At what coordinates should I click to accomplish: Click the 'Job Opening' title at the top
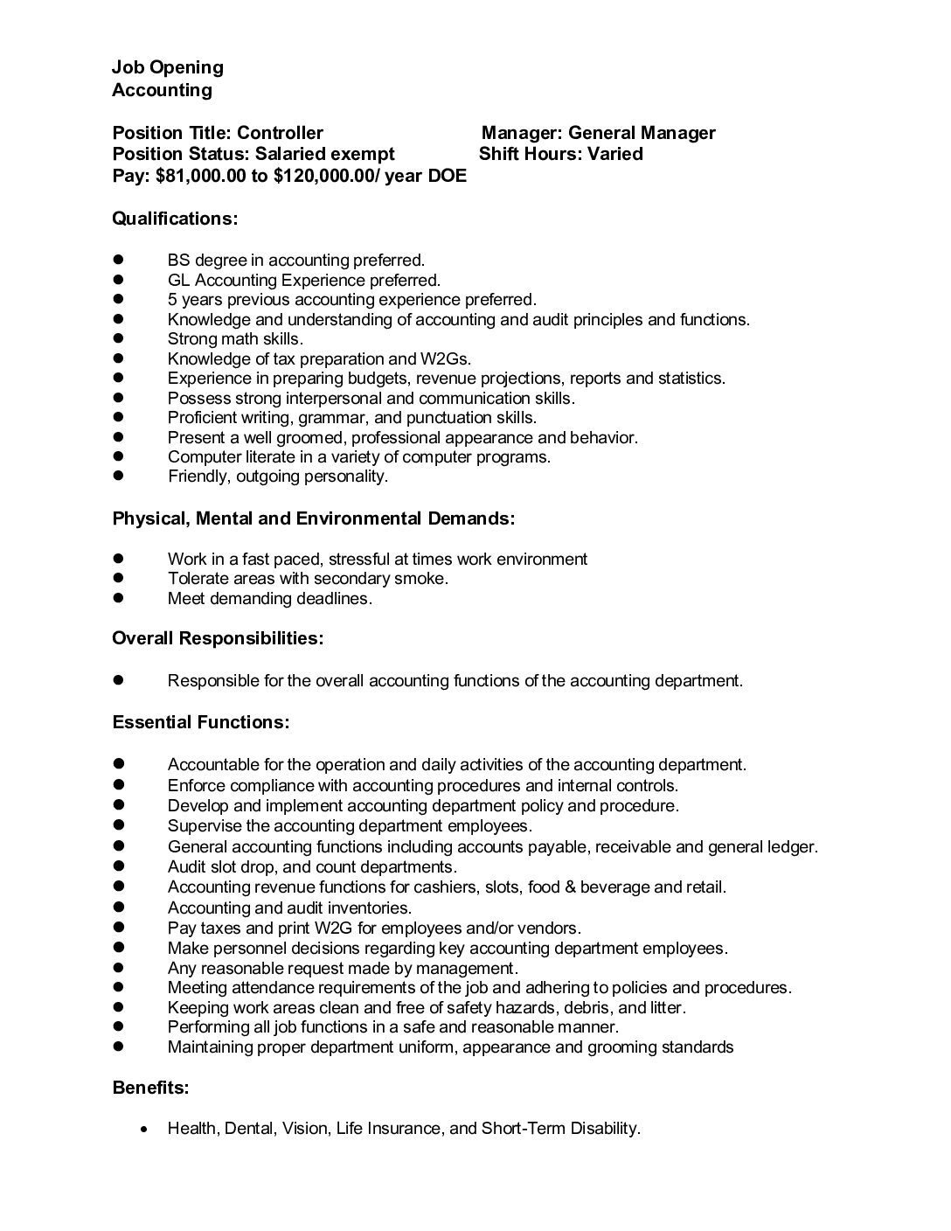[x=167, y=67]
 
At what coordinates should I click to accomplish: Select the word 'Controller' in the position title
[x=280, y=133]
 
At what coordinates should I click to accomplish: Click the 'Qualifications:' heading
[x=175, y=219]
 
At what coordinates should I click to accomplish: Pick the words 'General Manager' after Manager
[x=642, y=133]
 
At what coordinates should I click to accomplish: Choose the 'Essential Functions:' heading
[x=201, y=723]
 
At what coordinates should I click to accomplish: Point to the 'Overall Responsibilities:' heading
[x=218, y=639]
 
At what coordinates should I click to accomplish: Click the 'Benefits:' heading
[x=150, y=1088]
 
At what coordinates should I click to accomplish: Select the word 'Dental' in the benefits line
[x=249, y=1129]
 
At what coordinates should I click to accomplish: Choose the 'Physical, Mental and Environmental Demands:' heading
[x=313, y=518]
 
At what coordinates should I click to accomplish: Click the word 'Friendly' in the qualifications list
[x=198, y=476]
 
